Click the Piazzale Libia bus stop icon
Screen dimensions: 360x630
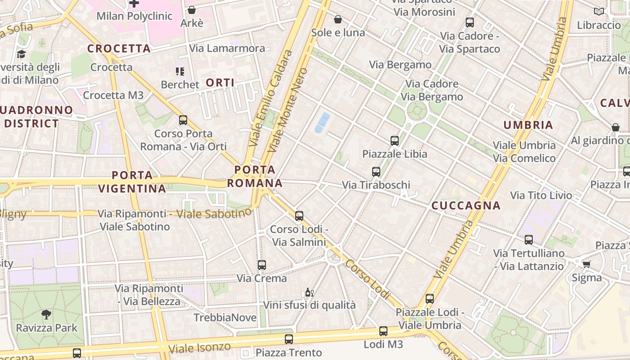click(x=395, y=141)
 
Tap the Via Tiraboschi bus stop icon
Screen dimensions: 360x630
click(x=376, y=172)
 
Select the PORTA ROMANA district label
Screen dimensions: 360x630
click(x=255, y=176)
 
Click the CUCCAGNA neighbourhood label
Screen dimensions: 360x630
click(x=466, y=206)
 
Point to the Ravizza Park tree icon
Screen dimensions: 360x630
click(x=46, y=314)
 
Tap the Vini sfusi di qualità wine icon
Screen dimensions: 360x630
click(x=309, y=292)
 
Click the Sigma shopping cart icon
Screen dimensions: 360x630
click(x=586, y=264)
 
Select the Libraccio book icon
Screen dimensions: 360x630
click(x=598, y=12)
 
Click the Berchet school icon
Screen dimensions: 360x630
click(x=180, y=72)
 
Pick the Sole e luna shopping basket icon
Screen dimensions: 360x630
click(x=338, y=19)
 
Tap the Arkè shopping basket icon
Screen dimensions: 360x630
click(x=192, y=10)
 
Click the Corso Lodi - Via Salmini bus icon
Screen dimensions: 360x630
click(x=299, y=216)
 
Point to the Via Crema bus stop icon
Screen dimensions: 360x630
click(x=262, y=265)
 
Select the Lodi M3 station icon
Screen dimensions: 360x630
click(x=383, y=332)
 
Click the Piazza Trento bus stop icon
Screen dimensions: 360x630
click(x=289, y=339)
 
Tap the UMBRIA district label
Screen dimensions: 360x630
click(x=528, y=125)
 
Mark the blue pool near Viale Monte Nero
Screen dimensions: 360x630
click(x=322, y=122)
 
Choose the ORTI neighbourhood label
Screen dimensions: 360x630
click(x=220, y=83)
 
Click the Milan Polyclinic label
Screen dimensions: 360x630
click(x=135, y=16)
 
